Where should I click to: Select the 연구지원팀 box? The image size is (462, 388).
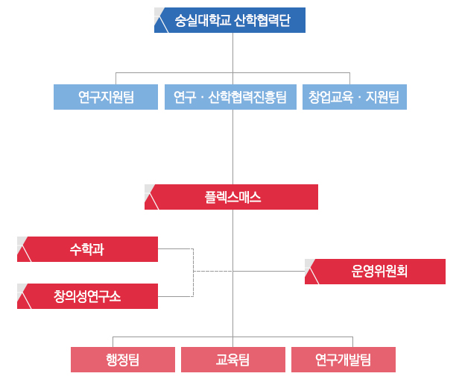pyautogui.click(x=106, y=97)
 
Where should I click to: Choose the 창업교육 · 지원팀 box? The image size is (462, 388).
pyautogui.click(x=354, y=97)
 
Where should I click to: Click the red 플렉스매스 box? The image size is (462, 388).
pyautogui.click(x=232, y=197)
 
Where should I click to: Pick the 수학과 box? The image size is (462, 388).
pyautogui.click(x=87, y=249)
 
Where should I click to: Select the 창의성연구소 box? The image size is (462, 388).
pyautogui.click(x=87, y=296)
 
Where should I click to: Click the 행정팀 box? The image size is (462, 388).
pyautogui.click(x=123, y=360)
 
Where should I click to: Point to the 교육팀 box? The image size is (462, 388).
pyautogui.click(x=232, y=360)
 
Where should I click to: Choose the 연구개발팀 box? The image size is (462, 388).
pyautogui.click(x=343, y=360)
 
